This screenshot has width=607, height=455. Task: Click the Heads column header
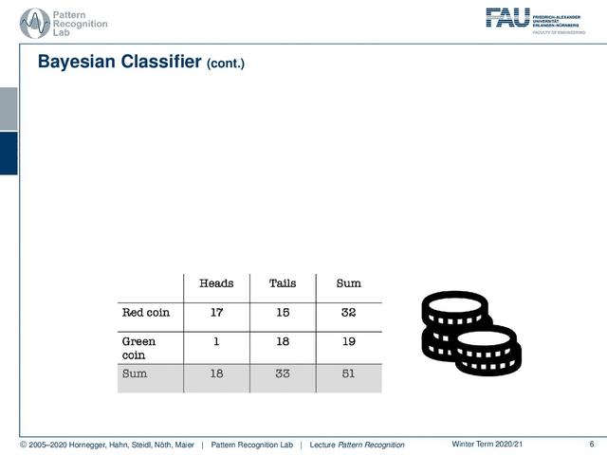pyautogui.click(x=216, y=283)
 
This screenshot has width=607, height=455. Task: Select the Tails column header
pyautogui.click(x=283, y=283)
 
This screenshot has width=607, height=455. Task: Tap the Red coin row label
pyautogui.click(x=146, y=312)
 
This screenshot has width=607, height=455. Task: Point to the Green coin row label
pyautogui.click(x=138, y=348)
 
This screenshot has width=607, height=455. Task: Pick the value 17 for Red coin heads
pyautogui.click(x=217, y=312)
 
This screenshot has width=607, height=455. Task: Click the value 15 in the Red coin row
pyautogui.click(x=283, y=312)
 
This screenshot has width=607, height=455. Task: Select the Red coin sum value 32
pyautogui.click(x=348, y=312)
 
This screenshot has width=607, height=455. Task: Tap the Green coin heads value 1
pyautogui.click(x=216, y=341)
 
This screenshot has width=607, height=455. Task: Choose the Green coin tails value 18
pyautogui.click(x=283, y=341)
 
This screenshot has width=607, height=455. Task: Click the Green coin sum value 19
pyautogui.click(x=348, y=341)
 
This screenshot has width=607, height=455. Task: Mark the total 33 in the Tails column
pyautogui.click(x=283, y=373)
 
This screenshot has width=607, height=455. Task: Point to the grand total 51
pyautogui.click(x=348, y=373)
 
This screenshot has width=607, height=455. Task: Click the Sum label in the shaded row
pyautogui.click(x=135, y=373)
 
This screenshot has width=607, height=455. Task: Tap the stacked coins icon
pyautogui.click(x=471, y=334)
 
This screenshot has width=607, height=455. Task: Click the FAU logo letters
pyautogui.click(x=507, y=17)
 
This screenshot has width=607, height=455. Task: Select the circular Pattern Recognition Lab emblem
pyautogui.click(x=35, y=23)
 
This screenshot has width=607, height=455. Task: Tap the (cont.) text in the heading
pyautogui.click(x=226, y=64)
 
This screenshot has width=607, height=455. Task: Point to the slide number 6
pyautogui.click(x=592, y=444)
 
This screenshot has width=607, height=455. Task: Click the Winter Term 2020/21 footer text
pyautogui.click(x=487, y=444)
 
